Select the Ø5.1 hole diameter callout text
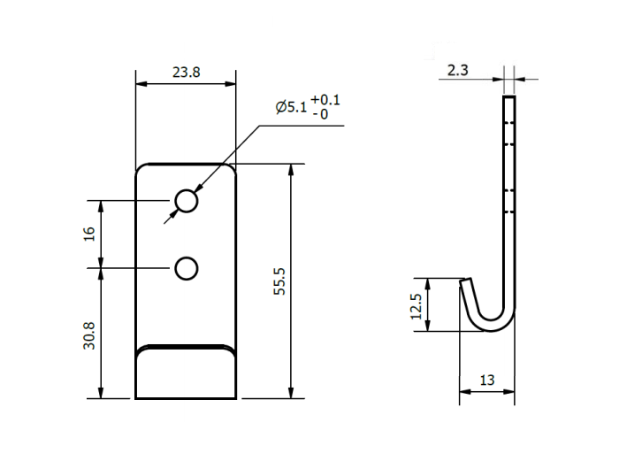pos(291,107)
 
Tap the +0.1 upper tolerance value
pos(325,100)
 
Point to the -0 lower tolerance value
pos(324,114)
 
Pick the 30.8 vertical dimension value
pos(88,334)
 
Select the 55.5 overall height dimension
pos(279,281)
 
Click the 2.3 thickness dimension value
pos(458,70)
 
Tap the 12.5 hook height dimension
pos(416,305)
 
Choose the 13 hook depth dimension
pos(486,380)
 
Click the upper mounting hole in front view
pos(186,202)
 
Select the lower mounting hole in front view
pos(186,267)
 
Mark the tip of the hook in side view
pos(464,281)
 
